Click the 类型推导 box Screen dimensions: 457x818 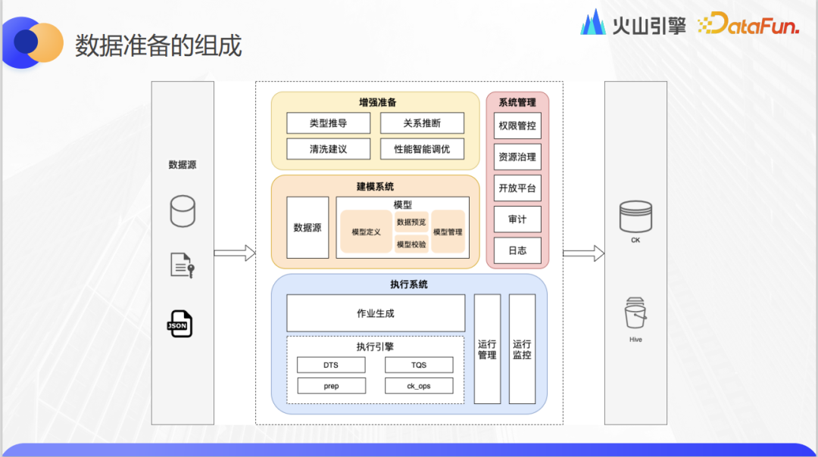point(328,123)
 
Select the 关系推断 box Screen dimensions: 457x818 point(422,123)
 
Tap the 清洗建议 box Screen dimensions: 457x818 point(328,149)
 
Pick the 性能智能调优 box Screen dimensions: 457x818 point(422,149)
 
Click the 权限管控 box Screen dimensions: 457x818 point(517,126)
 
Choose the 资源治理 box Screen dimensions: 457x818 point(517,157)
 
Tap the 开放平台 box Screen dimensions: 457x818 point(517,188)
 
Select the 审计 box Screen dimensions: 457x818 point(517,219)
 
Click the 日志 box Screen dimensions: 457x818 point(517,250)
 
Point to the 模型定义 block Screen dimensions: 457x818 point(366,232)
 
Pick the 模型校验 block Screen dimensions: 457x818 point(411,244)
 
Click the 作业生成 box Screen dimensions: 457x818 point(376,313)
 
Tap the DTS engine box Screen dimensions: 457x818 point(331,365)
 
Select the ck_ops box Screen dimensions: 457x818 point(419,386)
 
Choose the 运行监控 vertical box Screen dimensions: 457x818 point(522,349)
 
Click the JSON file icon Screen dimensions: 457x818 point(180,324)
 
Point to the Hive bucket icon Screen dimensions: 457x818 point(635,314)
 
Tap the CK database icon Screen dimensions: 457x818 point(635,217)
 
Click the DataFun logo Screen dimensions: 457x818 point(748,24)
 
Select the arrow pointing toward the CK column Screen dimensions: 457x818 point(583,253)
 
